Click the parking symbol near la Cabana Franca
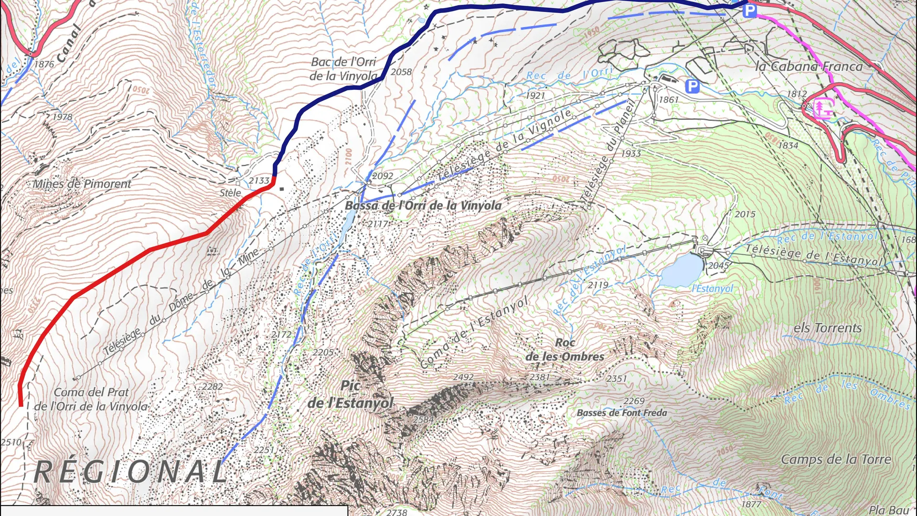click(x=692, y=86)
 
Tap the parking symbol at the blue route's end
click(x=749, y=11)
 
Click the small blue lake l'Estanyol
click(x=682, y=269)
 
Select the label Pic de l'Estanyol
click(x=351, y=395)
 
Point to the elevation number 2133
click(x=259, y=181)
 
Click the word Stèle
click(x=230, y=193)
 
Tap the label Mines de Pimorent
click(x=82, y=184)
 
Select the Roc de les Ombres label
click(x=565, y=350)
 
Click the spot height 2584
click(x=423, y=419)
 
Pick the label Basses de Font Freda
click(x=622, y=413)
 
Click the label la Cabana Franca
click(x=809, y=66)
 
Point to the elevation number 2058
click(x=401, y=72)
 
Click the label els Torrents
click(x=828, y=328)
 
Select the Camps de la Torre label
click(x=836, y=460)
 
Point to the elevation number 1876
click(x=44, y=64)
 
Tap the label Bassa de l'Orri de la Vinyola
click(x=423, y=205)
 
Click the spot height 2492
click(x=463, y=377)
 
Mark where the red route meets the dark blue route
click(x=274, y=178)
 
